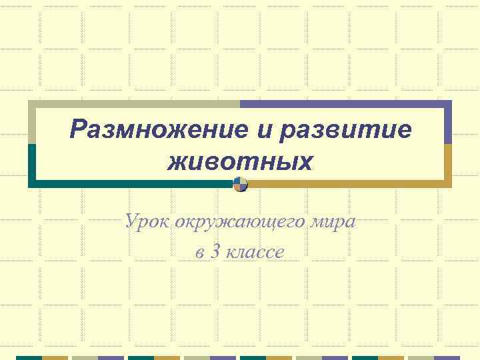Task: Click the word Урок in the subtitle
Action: point(147,221)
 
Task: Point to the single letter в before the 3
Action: point(199,252)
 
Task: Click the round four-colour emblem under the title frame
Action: point(241,185)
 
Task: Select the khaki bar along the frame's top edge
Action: point(134,104)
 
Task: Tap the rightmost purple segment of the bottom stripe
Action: point(447,357)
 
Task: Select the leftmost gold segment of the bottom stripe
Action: point(55,357)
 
